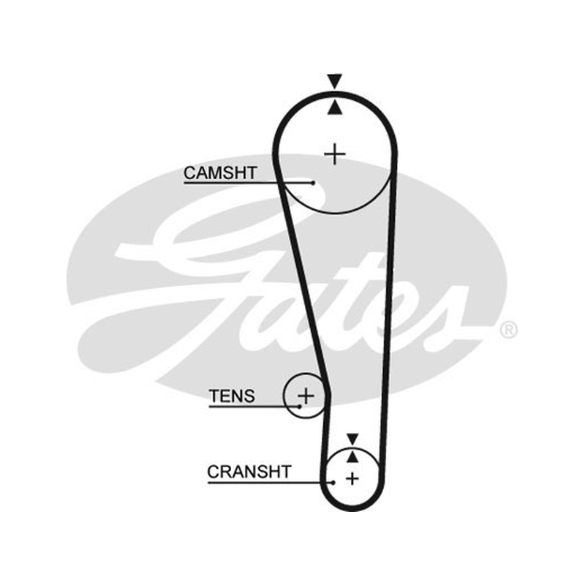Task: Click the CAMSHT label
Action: (220, 173)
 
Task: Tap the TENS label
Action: (232, 396)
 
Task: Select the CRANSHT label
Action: (249, 472)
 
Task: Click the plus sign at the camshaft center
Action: (335, 154)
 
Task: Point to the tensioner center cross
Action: (306, 396)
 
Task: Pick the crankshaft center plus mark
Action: (352, 479)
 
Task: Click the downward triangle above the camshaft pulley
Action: (335, 81)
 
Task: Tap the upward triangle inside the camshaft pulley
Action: (335, 107)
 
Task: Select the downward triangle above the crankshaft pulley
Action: (352, 439)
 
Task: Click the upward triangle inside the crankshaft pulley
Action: (352, 456)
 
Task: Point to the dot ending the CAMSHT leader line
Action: (313, 183)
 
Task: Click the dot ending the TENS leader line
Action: (300, 407)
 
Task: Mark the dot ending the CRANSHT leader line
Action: (333, 483)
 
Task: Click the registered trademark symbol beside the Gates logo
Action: (508, 330)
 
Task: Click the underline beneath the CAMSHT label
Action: (248, 183)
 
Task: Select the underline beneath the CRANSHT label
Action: (270, 483)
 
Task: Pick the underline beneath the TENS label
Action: (254, 407)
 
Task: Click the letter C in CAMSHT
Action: (190, 173)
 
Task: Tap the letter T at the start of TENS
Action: (214, 396)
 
